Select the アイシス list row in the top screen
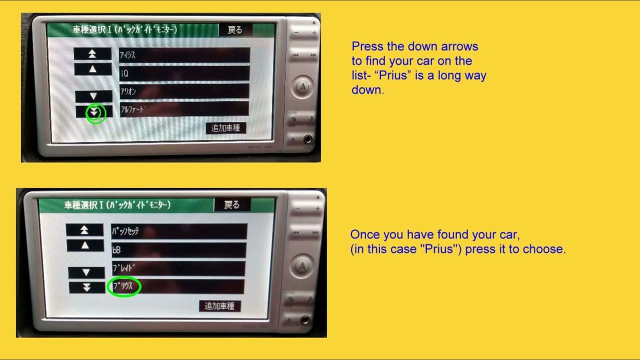(184, 55)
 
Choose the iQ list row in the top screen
(184, 73)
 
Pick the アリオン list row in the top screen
(184, 91)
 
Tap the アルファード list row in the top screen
(184, 109)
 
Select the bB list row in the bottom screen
(178, 249)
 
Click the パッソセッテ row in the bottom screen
(178, 231)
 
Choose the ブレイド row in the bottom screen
(178, 268)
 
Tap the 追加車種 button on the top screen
(225, 128)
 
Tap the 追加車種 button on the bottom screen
(219, 306)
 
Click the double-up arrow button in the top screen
(92, 54)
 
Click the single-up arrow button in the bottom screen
(85, 245)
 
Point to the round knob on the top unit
(302, 87)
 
